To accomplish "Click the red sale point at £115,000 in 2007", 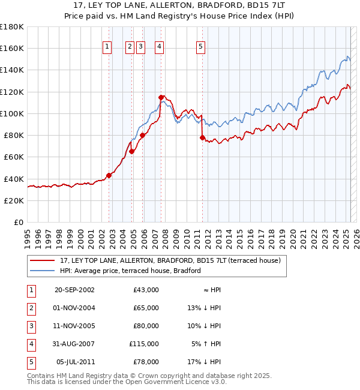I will (x=161, y=97).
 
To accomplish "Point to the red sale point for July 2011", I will (x=202, y=137).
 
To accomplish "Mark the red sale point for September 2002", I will (x=109, y=175).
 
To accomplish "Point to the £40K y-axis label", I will (x=14, y=179).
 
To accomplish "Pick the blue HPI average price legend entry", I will (x=130, y=271).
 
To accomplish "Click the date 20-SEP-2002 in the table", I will (x=74, y=290).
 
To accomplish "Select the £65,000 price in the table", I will (x=146, y=308).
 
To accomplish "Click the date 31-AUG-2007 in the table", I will (x=74, y=344).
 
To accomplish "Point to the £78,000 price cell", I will (x=146, y=362).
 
